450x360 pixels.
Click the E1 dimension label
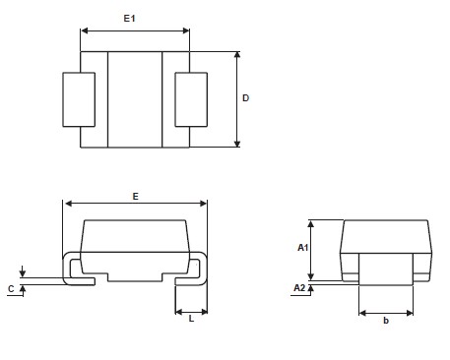click(x=129, y=19)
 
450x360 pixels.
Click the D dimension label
click(x=245, y=98)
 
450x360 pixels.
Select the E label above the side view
click(x=135, y=197)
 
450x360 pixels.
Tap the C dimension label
click(x=11, y=289)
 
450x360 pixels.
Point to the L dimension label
click(x=191, y=319)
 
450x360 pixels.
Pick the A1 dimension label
click(x=302, y=248)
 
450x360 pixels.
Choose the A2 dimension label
click(x=299, y=288)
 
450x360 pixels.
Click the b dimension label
click(x=386, y=321)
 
